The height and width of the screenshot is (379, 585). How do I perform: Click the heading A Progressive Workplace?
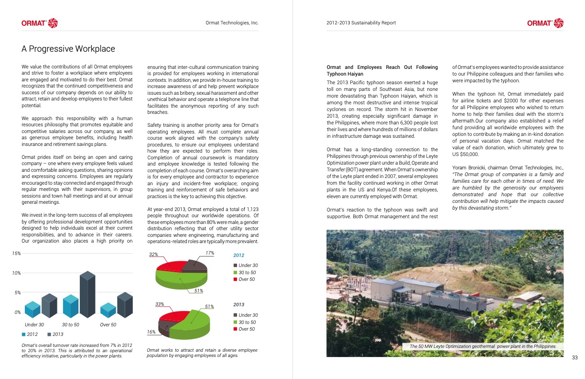tap(68, 49)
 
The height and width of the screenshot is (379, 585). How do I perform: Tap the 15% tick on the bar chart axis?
tap(16, 254)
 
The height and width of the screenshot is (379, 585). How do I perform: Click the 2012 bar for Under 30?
tap(32, 310)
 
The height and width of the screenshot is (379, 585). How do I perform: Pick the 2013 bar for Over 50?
tap(125, 305)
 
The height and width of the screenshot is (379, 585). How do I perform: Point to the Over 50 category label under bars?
tap(108, 325)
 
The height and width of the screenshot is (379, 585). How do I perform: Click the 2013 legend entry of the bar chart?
tap(55, 334)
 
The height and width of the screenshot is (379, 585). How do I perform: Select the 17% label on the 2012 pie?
tap(210, 253)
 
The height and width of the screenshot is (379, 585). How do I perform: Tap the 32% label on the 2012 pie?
tap(153, 255)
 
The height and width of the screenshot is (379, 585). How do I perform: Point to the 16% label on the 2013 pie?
tap(151, 332)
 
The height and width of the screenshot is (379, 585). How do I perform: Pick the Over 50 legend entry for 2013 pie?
tap(244, 329)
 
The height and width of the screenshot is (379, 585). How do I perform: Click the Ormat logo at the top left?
tap(39, 22)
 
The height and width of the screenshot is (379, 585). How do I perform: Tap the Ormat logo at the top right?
tap(545, 22)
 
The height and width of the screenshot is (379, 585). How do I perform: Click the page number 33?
tap(575, 357)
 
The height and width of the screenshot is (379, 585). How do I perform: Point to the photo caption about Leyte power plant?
tap(482, 346)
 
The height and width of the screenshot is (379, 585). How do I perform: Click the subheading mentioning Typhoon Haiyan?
tap(382, 70)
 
